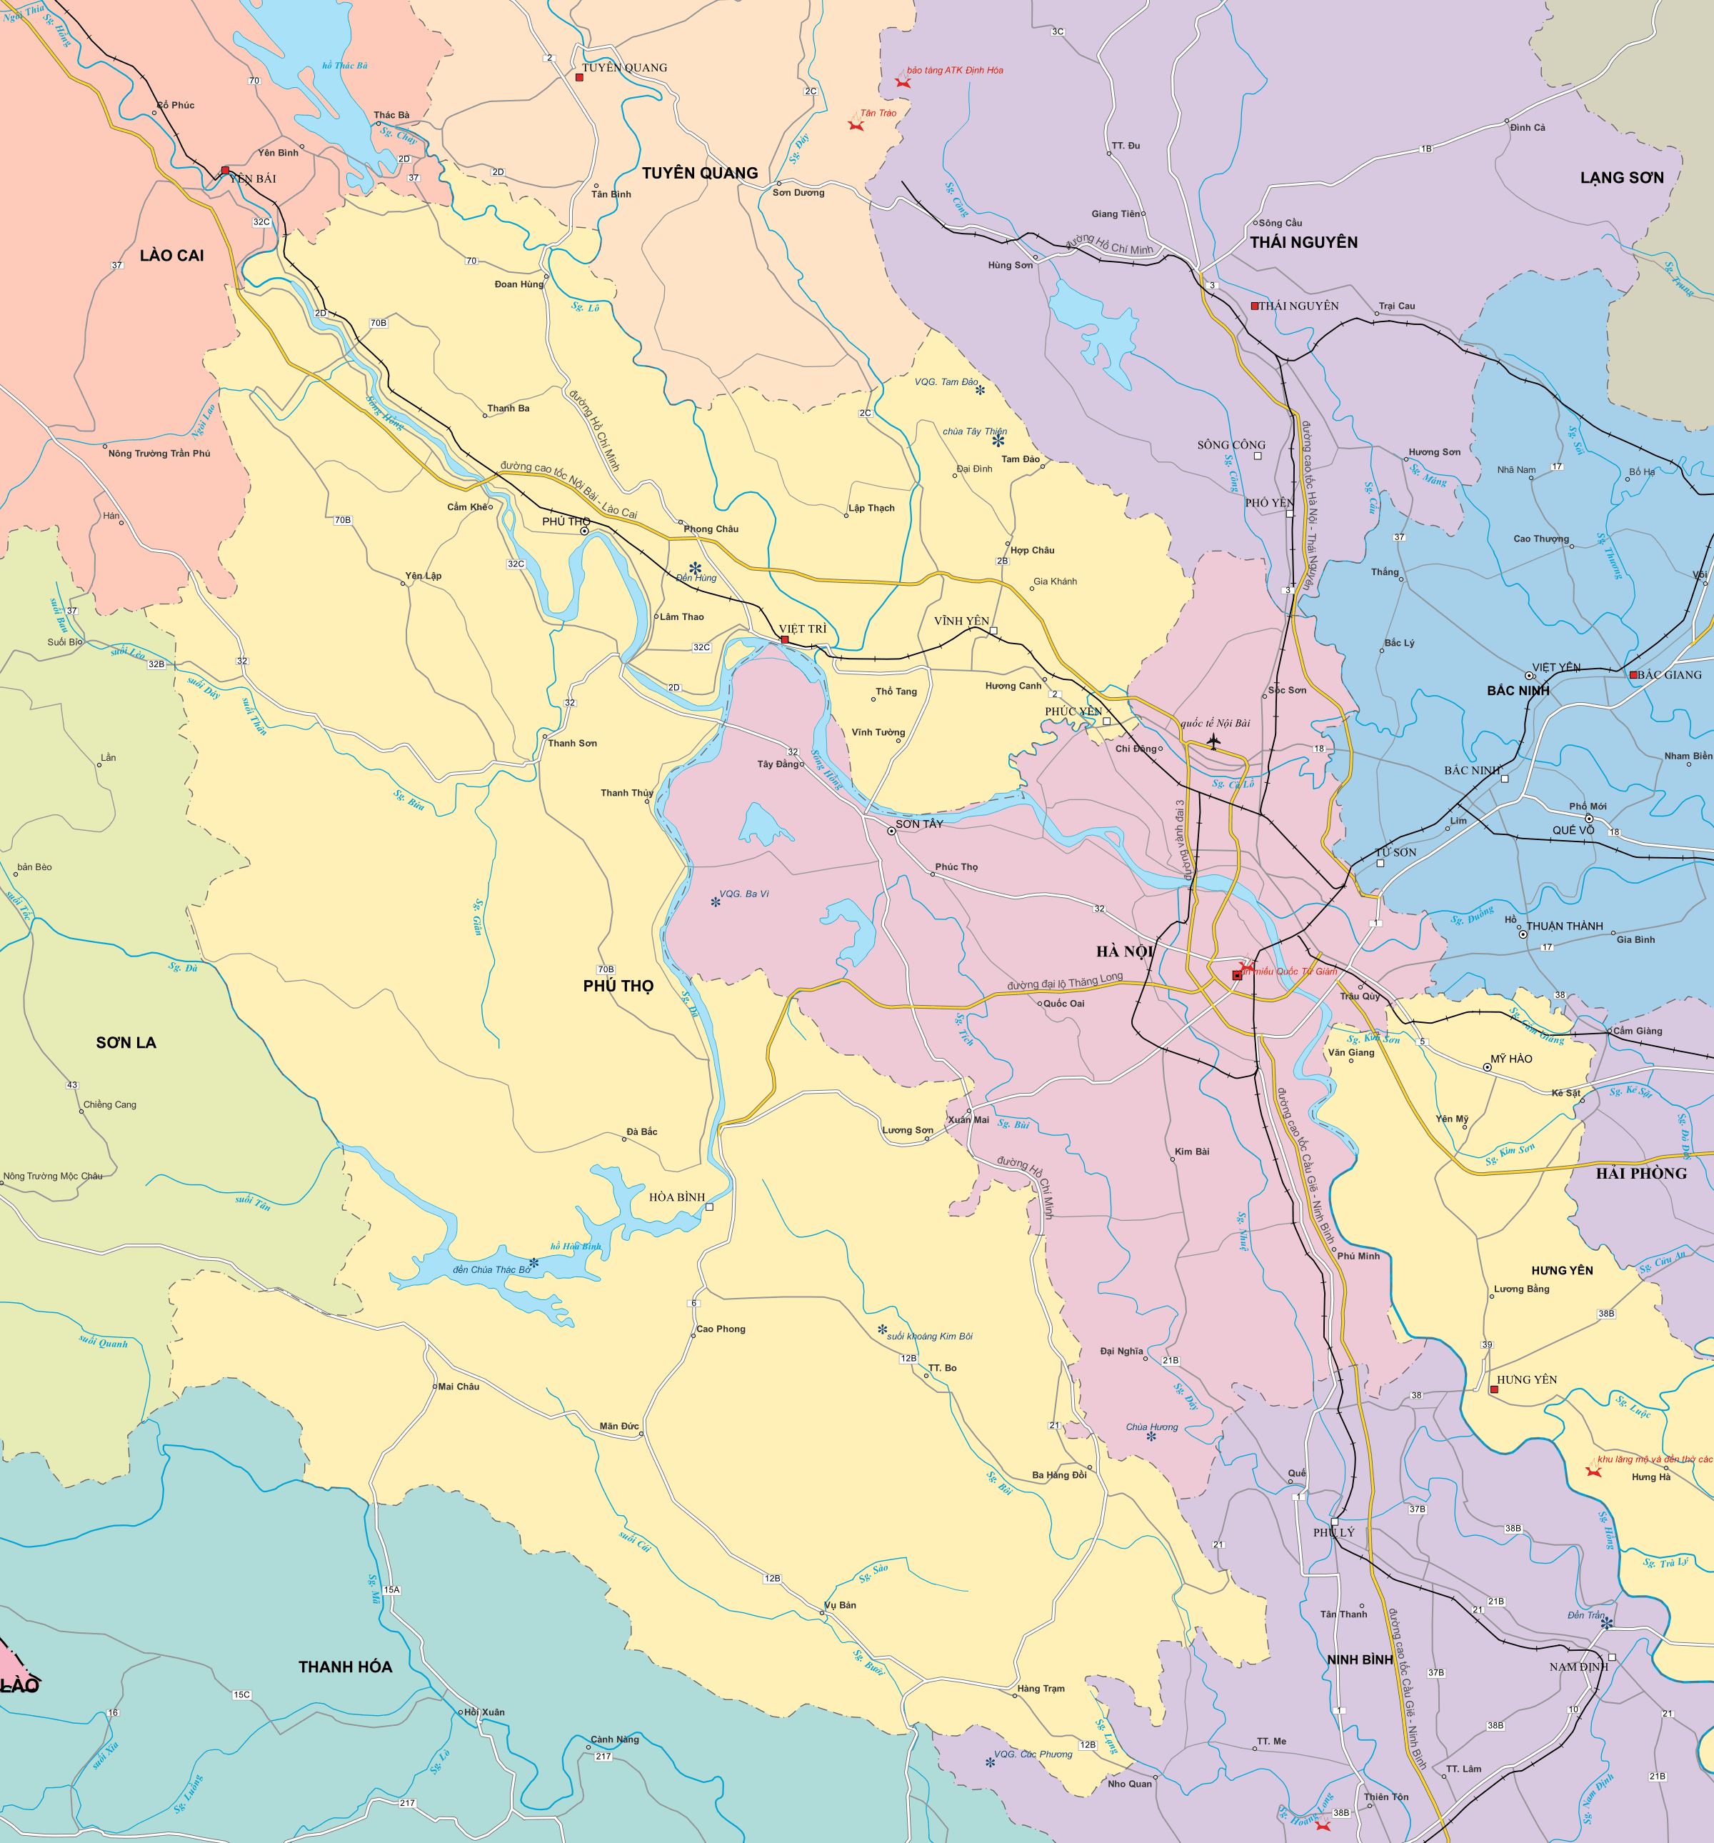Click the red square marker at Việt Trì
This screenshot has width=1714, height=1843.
click(784, 639)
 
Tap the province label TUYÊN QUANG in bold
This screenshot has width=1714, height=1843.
click(700, 174)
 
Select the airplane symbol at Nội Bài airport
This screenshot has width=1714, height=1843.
click(1213, 741)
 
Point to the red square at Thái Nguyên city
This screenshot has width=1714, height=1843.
click(1254, 306)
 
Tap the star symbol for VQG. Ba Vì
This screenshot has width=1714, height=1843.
click(715, 901)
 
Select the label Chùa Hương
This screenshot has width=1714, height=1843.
click(1151, 1427)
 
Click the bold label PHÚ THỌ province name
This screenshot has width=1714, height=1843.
click(618, 987)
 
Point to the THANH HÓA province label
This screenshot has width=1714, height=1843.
click(345, 1667)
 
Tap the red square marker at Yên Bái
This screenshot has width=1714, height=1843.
click(225, 171)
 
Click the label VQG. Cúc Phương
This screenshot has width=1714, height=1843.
click(1033, 1754)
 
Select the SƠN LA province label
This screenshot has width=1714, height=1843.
click(126, 1043)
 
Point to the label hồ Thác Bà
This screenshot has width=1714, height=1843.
click(345, 66)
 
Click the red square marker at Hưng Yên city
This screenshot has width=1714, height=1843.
click(1493, 1389)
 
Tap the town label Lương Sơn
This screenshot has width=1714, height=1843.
click(906, 1130)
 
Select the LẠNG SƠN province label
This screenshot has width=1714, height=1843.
click(1621, 178)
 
